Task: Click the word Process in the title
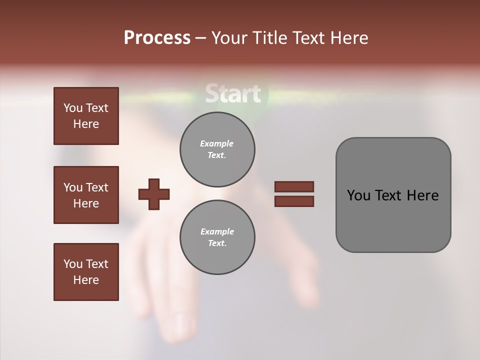tap(157, 38)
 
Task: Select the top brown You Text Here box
tap(86, 116)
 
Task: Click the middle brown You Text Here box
tap(86, 195)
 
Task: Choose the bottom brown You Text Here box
tap(86, 272)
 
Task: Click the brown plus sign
tap(154, 194)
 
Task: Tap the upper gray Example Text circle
tap(217, 149)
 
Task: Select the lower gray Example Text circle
tap(217, 237)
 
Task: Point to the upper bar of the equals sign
tap(294, 186)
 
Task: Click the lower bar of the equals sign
tap(294, 201)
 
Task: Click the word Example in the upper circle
tap(217, 143)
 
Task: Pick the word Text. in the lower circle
tap(217, 243)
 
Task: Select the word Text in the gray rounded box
tap(389, 195)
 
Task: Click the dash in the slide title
tap(201, 38)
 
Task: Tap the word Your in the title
tap(227, 38)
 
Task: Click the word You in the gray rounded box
tap(358, 195)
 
